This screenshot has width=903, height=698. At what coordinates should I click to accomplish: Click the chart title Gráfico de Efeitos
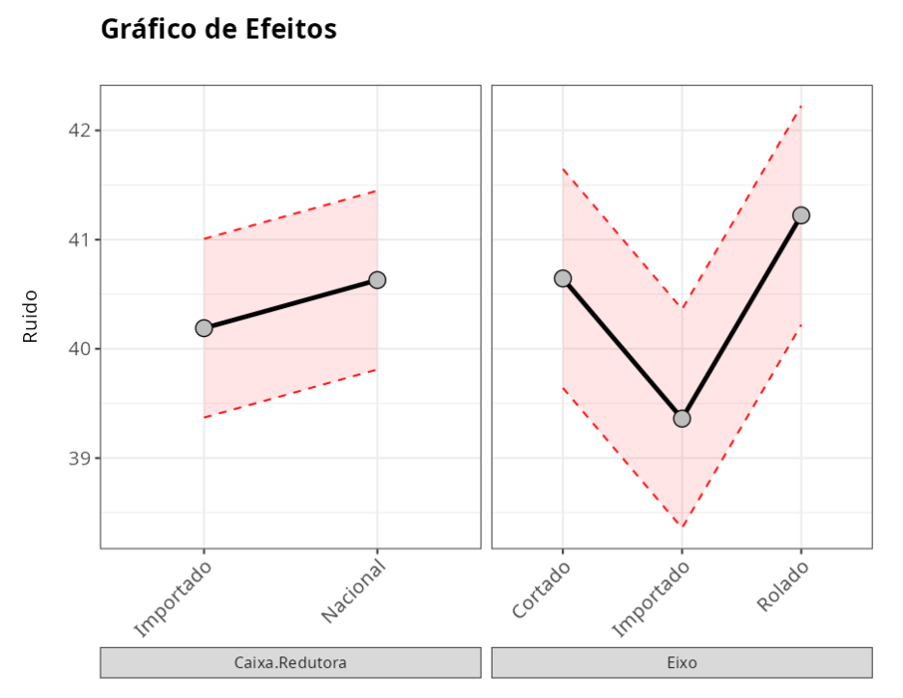click(218, 29)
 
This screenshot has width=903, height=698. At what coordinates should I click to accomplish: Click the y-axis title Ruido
click(31, 317)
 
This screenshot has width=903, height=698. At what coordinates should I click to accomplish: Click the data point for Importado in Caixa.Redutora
click(204, 328)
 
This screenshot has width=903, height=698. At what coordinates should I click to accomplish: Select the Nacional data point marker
click(377, 280)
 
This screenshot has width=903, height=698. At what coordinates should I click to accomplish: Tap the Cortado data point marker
click(563, 279)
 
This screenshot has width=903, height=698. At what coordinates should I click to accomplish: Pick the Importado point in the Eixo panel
click(682, 418)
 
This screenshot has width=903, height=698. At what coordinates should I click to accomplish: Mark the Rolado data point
click(801, 215)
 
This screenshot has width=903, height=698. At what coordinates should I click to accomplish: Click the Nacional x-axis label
click(355, 591)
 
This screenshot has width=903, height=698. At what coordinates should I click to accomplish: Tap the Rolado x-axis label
click(783, 586)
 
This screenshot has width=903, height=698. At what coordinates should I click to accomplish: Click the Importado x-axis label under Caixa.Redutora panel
click(174, 599)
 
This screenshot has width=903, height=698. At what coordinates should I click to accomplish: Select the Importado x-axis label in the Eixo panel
click(653, 599)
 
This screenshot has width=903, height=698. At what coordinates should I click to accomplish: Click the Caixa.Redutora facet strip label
click(290, 663)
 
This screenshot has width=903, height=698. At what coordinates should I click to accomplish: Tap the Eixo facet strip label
click(682, 663)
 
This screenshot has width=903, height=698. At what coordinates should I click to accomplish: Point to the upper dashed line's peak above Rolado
click(801, 106)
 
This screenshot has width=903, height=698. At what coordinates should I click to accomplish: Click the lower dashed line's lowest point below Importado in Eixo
click(682, 527)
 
